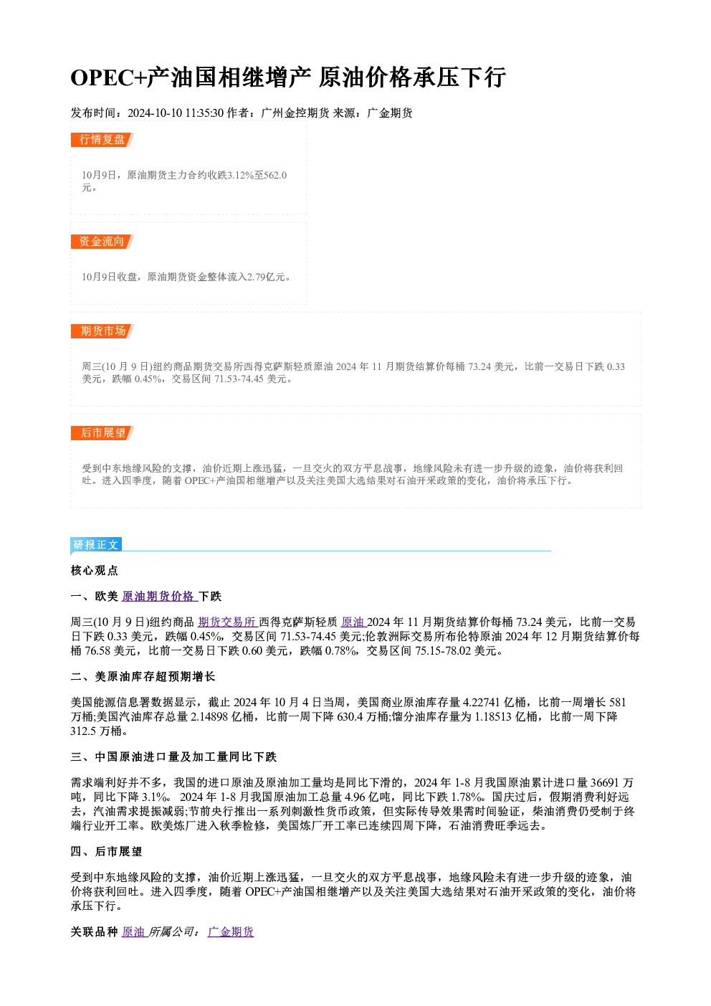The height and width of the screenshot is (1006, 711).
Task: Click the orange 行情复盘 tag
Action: pos(102,140)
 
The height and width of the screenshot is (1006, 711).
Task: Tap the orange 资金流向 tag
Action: pos(102,242)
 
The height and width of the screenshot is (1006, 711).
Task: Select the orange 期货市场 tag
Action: pos(102,331)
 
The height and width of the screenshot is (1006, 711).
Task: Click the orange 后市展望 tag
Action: pos(102,433)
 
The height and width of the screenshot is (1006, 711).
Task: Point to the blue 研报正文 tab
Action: pos(96,545)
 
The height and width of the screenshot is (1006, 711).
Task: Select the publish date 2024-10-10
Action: pos(155,113)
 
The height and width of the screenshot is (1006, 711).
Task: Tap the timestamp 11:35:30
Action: pos(204,113)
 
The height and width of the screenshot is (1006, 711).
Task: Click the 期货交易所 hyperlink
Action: pos(226,622)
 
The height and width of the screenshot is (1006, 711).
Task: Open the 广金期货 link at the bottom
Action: pos(231,932)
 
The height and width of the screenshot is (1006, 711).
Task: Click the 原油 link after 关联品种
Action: pos(134,932)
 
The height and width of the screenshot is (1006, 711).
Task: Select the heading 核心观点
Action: pos(95,571)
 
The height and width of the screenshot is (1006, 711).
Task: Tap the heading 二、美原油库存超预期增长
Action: pos(143,677)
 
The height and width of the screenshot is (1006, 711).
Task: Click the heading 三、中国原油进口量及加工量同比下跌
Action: pos(173,756)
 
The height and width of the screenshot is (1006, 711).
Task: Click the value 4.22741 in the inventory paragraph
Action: pos(482,703)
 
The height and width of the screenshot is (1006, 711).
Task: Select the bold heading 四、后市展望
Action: pos(106,852)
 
